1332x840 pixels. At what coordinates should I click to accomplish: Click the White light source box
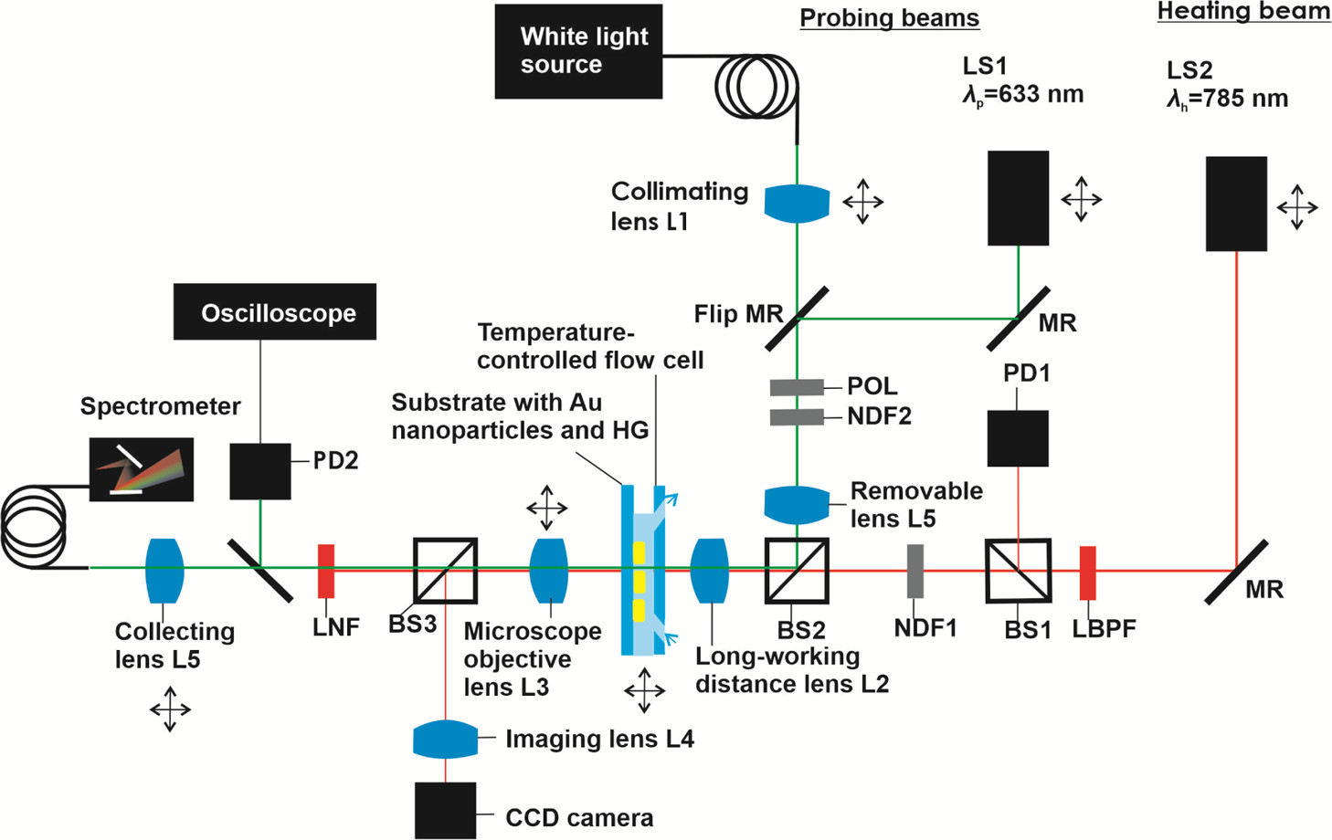578,51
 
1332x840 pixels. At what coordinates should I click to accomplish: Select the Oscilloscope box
275,312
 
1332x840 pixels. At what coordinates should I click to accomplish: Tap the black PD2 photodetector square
260,471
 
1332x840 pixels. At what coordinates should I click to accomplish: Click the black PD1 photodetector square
1018,438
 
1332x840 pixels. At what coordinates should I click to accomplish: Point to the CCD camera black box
446,810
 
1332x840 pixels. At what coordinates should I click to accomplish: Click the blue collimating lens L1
797,204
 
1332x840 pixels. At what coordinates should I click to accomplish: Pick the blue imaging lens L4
445,740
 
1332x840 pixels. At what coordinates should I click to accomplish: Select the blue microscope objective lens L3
549,571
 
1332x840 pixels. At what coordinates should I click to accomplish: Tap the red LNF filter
325,572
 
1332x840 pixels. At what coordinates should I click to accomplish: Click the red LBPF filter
1087,572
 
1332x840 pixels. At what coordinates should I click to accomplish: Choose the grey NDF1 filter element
914,572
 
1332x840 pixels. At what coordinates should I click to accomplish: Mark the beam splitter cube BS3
446,571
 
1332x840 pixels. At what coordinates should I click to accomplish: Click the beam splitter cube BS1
1018,571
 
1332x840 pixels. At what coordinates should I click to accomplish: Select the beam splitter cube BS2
797,571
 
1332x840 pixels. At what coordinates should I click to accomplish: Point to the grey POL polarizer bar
797,387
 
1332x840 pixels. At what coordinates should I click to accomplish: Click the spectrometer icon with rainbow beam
142,469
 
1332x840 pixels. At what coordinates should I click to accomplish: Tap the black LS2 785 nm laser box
1236,204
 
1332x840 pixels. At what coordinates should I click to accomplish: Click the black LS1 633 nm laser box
1018,198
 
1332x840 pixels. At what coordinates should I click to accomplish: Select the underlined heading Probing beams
889,18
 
